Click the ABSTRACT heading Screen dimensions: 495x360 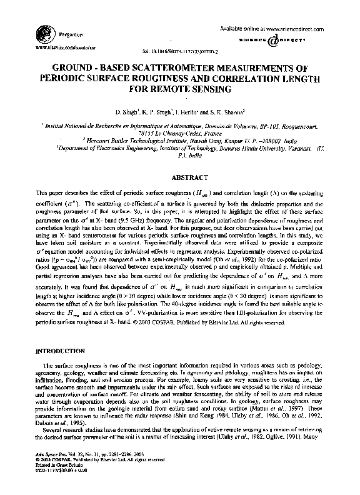click(x=180, y=177)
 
